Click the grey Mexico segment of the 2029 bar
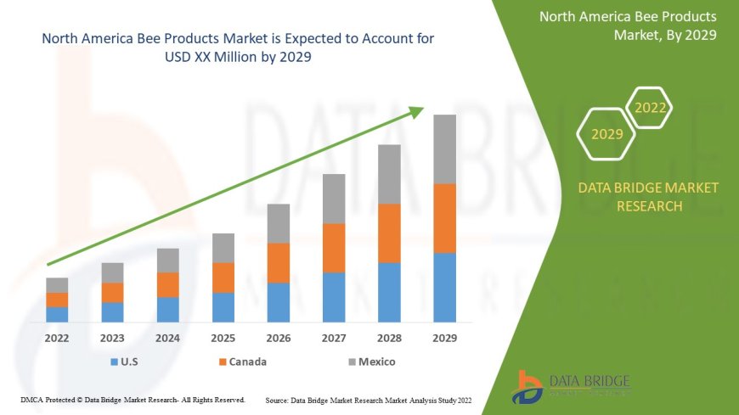tap(444, 149)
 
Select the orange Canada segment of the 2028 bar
tap(389, 233)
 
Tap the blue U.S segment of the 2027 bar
tap(334, 297)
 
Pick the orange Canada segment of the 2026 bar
tap(279, 263)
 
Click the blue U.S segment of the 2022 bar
tap(57, 314)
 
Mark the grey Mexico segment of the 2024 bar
tap(168, 261)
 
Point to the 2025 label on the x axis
tap(223, 338)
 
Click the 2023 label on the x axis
tap(112, 338)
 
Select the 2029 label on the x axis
tap(444, 338)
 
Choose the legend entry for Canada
tap(242, 362)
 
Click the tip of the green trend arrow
tap(422, 108)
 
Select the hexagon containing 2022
tap(651, 109)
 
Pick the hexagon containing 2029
tap(606, 134)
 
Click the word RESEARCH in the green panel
tap(648, 206)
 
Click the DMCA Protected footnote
tap(133, 399)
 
